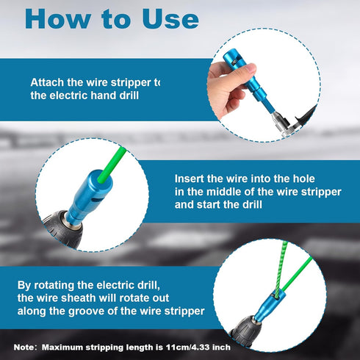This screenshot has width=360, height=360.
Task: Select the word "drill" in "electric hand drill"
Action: [x=129, y=96]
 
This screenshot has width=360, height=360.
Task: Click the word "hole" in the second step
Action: [x=304, y=179]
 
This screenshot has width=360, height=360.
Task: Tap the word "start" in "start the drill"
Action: [x=207, y=204]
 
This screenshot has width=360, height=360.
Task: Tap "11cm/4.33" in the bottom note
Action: [x=188, y=348]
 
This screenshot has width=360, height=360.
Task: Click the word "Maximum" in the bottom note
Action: [x=62, y=348]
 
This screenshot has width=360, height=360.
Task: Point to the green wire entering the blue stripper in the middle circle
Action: [x=112, y=165]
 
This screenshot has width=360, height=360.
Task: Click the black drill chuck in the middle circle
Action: [x=64, y=230]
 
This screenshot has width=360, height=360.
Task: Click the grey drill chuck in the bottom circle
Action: [x=246, y=331]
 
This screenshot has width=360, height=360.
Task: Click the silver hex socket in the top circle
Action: [x=281, y=123]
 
